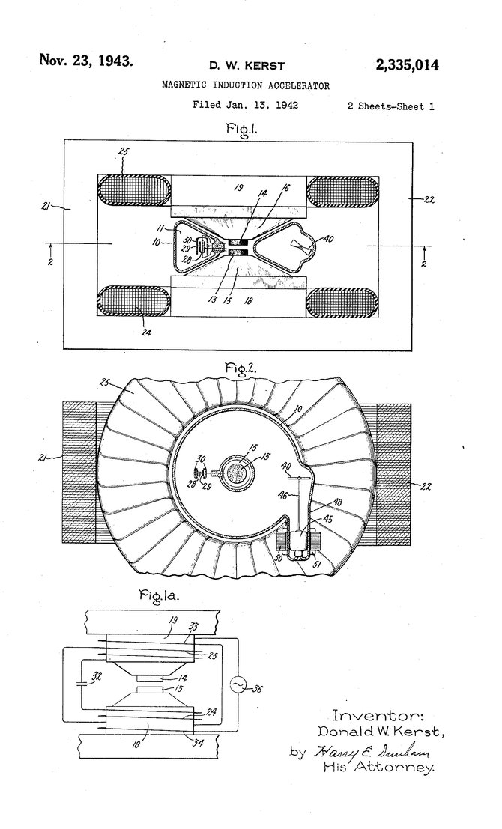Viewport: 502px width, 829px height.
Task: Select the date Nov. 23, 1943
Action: pyautogui.click(x=86, y=60)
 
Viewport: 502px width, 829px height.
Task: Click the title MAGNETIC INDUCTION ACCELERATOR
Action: pyautogui.click(x=246, y=86)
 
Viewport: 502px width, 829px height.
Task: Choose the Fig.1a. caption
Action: pyautogui.click(x=160, y=597)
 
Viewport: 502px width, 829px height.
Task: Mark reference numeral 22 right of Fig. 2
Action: pyautogui.click(x=426, y=486)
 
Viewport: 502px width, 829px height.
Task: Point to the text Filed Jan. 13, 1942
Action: pyautogui.click(x=246, y=106)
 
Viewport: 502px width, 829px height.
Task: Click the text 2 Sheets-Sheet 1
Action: pyautogui.click(x=390, y=106)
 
